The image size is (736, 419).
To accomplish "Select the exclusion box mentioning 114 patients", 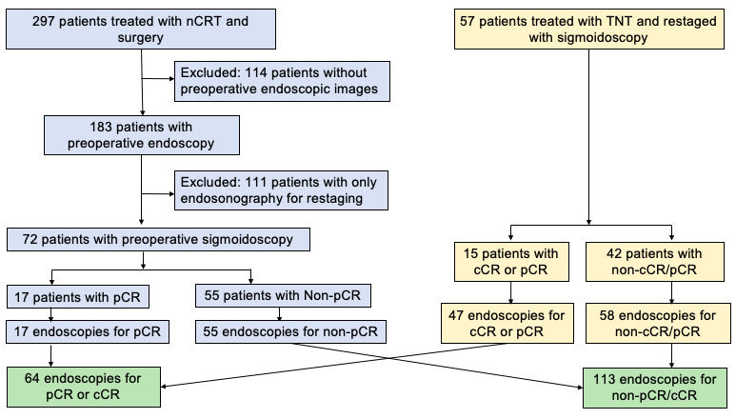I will pyautogui.click(x=283, y=80).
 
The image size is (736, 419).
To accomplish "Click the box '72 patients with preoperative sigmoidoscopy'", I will pyautogui.click(x=141, y=241).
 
